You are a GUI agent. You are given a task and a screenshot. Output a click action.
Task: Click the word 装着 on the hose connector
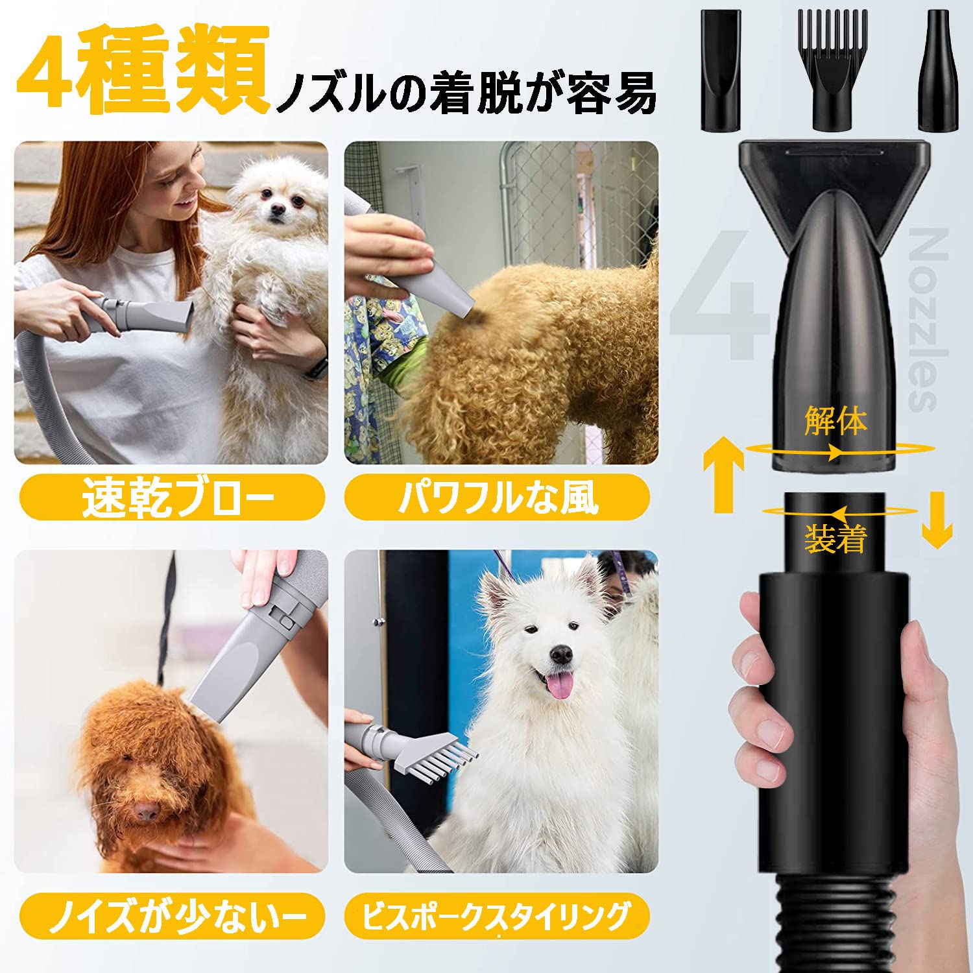coord(835,538)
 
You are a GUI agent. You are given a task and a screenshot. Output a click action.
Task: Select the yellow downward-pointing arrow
coord(937,520)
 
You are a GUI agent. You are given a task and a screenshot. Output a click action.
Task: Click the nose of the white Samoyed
coord(560,655)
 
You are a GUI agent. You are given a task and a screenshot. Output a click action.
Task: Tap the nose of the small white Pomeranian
coord(278,209)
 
